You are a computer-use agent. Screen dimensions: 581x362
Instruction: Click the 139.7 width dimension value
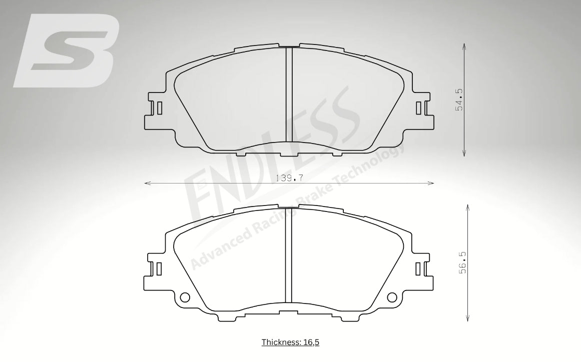pos(290,178)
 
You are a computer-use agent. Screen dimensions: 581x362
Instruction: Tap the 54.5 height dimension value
pos(459,99)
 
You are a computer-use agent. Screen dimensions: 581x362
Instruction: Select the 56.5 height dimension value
pos(462,262)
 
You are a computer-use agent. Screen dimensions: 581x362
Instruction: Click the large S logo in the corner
pos(67,50)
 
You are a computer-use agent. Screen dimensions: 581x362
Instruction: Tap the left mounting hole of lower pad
pos(185,297)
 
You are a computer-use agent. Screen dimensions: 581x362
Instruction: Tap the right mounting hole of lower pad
pos(392,297)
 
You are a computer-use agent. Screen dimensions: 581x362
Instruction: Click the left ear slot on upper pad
pos(159,108)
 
